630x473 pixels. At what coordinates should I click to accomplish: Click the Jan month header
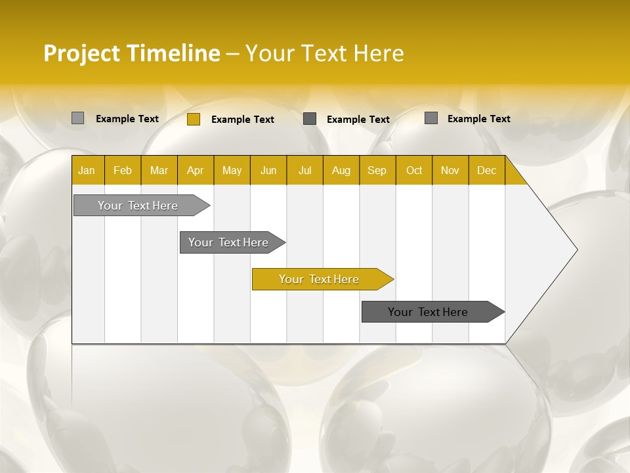(87, 171)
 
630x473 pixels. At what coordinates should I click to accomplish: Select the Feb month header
(123, 171)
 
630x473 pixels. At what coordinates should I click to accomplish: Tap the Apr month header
(196, 171)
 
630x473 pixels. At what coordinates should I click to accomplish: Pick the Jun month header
(268, 171)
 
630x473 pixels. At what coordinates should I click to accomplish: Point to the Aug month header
(341, 171)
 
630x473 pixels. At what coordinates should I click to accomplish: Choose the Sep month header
(377, 171)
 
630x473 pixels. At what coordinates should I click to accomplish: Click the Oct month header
(414, 171)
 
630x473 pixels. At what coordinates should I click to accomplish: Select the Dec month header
(487, 171)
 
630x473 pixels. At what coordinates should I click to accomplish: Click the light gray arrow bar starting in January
(138, 206)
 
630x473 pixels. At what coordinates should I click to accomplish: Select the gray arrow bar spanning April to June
(228, 242)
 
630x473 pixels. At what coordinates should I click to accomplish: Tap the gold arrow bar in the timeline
(319, 279)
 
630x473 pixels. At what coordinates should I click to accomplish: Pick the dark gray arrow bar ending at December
(428, 312)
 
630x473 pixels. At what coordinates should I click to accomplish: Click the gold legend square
(194, 119)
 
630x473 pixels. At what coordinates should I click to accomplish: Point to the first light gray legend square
(78, 118)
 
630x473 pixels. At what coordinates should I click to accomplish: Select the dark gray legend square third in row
(310, 119)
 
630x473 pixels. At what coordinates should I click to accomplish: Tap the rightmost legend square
(431, 118)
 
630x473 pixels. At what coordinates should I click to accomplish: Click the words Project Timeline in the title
(132, 53)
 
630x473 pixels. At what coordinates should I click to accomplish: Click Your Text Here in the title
(324, 53)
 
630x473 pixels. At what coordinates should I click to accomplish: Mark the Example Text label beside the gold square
(243, 120)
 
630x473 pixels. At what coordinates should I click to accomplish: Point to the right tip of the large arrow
(576, 250)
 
